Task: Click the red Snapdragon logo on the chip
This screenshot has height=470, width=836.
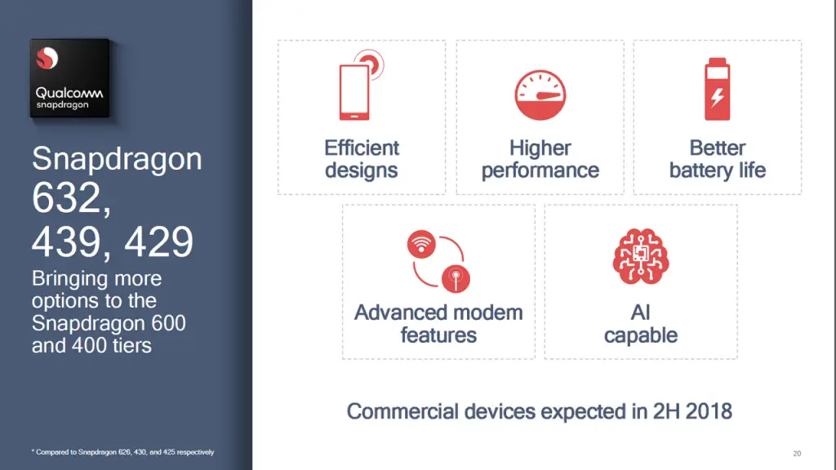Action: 47,58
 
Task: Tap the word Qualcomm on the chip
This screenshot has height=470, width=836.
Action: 69,93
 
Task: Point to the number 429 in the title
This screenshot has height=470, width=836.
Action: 158,242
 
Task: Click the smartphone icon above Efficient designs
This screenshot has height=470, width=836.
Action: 354,92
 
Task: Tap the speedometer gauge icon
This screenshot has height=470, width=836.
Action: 540,95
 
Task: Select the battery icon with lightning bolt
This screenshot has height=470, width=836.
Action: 717,89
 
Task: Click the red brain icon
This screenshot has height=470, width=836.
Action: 641,256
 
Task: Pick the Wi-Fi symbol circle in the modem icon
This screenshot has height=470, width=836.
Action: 421,245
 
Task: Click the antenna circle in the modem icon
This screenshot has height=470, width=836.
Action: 456,279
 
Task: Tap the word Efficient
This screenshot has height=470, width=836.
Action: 362,149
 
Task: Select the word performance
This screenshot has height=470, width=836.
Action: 540,171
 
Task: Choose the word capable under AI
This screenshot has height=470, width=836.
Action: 641,335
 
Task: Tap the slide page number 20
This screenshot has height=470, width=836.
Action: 797,454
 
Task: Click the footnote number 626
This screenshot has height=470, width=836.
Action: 124,452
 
